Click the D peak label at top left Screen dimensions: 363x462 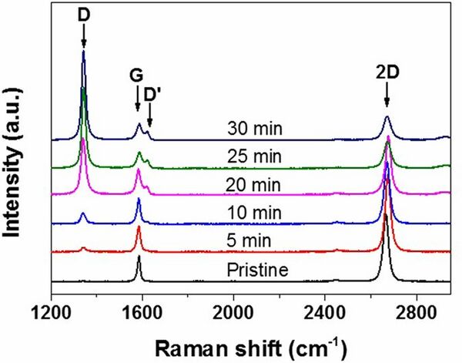pos(83,13)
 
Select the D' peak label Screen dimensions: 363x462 pos(152,95)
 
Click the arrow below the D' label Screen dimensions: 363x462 pos(149,116)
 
